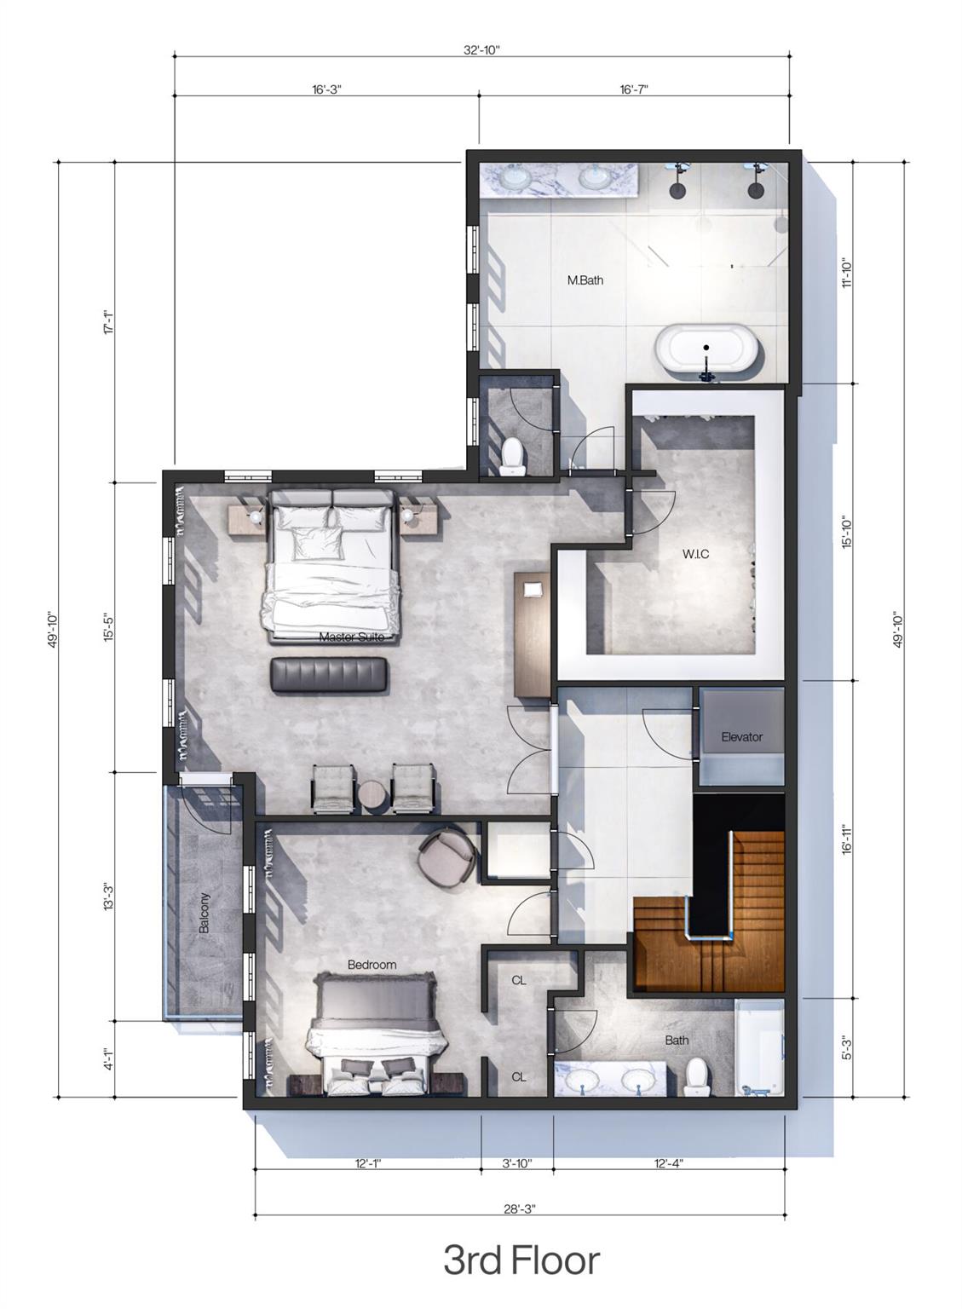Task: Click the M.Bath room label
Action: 585,280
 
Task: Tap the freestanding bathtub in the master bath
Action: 706,349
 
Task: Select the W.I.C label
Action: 695,554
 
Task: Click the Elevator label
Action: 741,736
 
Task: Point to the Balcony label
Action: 204,913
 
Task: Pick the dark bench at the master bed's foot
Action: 330,674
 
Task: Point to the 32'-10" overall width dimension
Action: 481,49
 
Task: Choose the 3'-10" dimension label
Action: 517,1162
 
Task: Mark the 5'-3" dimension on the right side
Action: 846,1047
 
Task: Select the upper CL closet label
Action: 519,980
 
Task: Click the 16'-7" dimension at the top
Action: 634,89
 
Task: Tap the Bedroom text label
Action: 372,965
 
